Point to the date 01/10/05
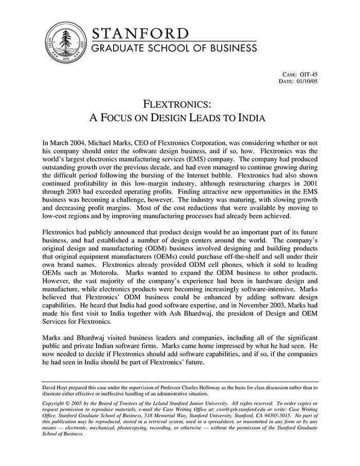point(308,81)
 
